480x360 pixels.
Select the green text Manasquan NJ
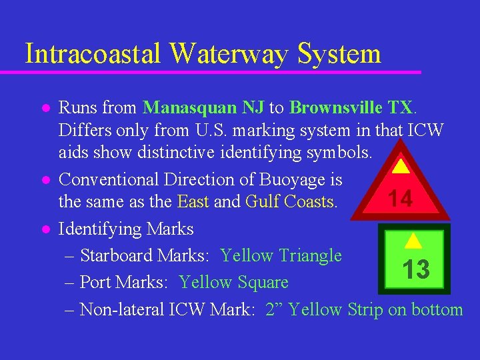coord(204,107)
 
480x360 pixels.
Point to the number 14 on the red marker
coord(400,199)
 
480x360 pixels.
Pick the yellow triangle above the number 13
coord(413,241)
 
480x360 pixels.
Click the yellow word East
coord(193,201)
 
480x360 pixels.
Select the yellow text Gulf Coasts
coord(291,201)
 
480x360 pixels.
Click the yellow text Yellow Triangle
coord(281,255)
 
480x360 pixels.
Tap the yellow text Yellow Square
coord(233,283)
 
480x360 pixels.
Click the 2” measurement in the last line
coord(275,309)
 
